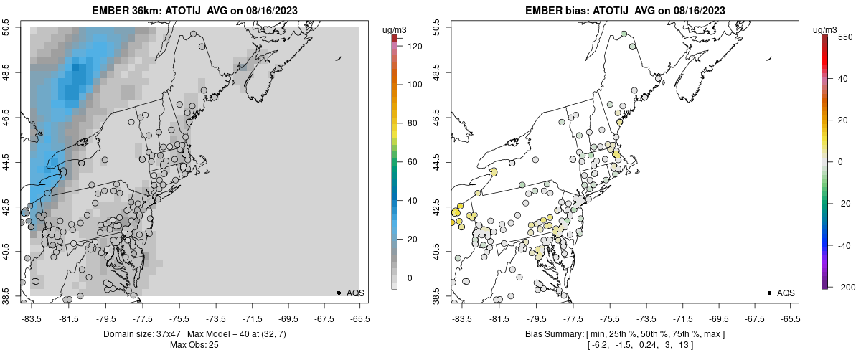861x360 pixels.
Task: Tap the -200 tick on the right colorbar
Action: click(844, 287)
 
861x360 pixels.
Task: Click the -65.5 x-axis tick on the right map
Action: click(790, 318)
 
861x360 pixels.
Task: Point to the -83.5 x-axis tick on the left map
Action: click(32, 318)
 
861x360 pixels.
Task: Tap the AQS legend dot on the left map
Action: click(339, 293)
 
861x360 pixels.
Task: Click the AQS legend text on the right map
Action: click(786, 293)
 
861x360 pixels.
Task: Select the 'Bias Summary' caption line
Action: click(624, 334)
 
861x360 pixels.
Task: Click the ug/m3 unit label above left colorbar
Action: click(395, 29)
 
